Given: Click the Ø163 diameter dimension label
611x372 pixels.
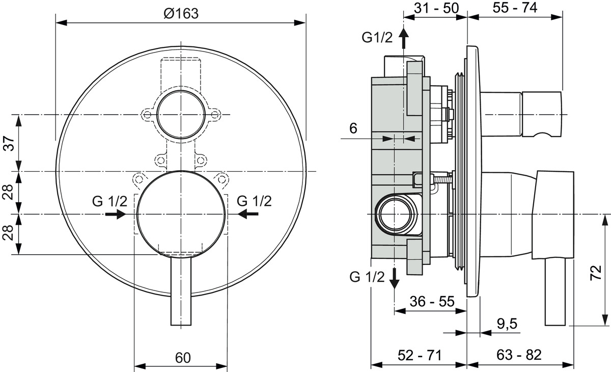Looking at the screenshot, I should coord(181,14).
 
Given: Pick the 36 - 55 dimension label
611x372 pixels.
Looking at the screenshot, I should coord(432,301).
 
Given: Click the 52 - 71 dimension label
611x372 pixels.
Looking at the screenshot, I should coord(420,355).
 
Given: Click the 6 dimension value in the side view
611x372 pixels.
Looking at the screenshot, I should coord(353,128).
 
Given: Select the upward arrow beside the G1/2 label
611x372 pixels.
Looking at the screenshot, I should coord(403,38).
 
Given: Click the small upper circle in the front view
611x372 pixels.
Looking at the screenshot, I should coord(181,115).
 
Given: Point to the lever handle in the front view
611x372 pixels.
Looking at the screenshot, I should coord(181,290).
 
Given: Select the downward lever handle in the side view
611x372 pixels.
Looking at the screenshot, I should coord(556,291).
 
